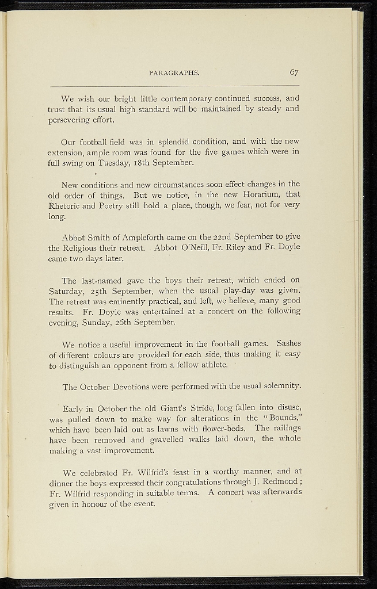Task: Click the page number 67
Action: tap(294, 72)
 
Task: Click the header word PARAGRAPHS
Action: tap(174, 74)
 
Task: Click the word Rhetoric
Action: tap(66, 205)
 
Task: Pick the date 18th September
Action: tap(164, 163)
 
